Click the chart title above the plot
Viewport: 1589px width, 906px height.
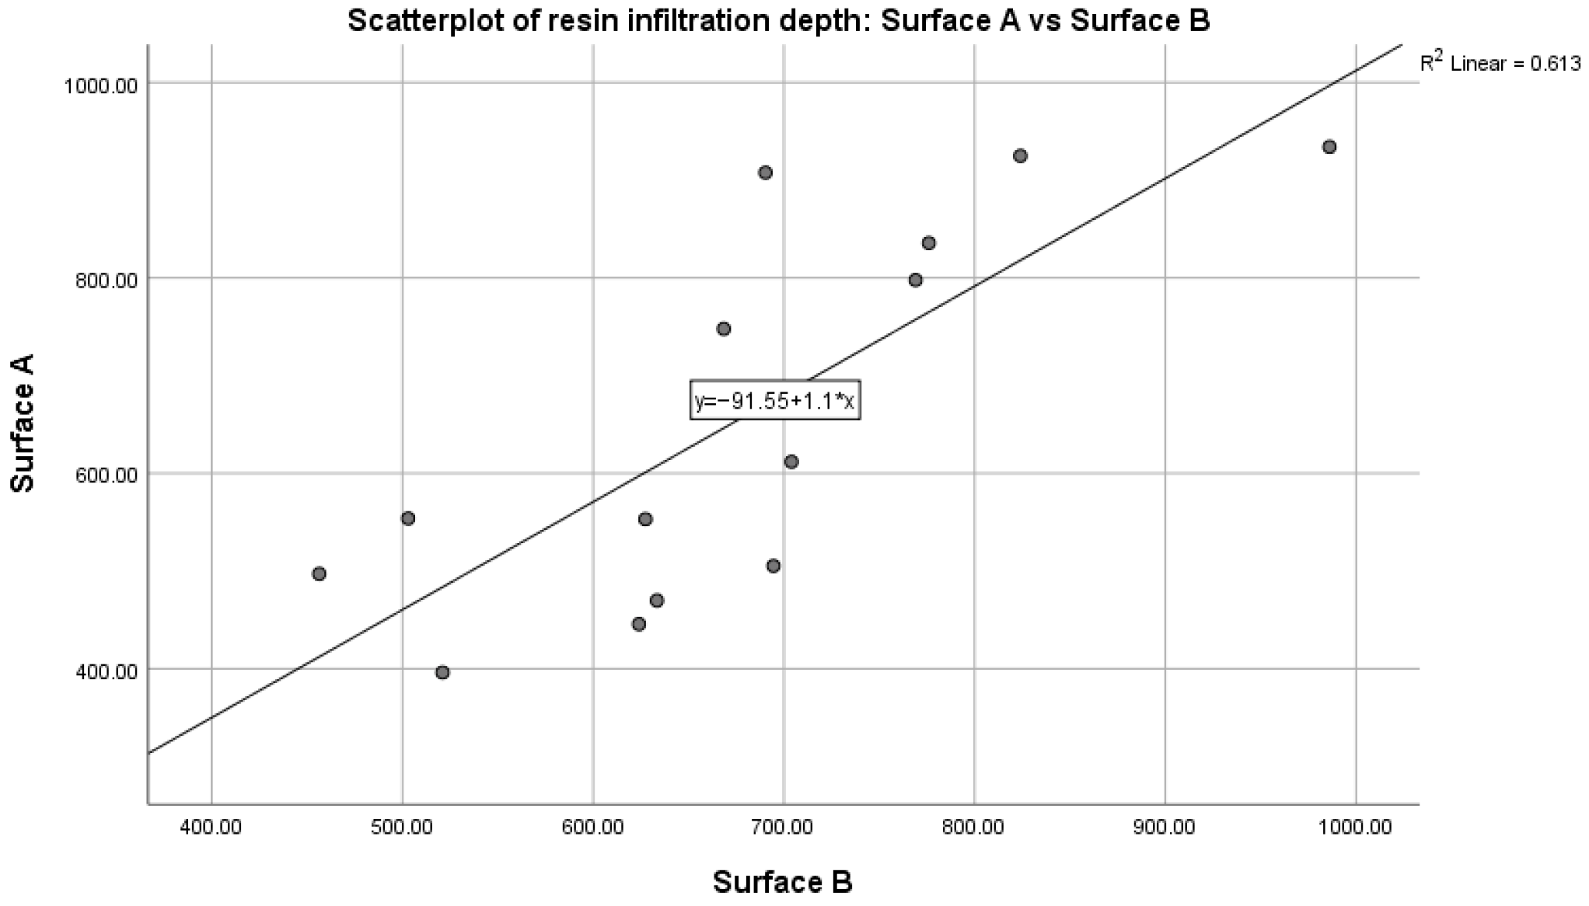pyautogui.click(x=778, y=20)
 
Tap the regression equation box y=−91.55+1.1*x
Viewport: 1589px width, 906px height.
pyautogui.click(x=775, y=401)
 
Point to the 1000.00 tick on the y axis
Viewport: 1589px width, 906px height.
pyautogui.click(x=100, y=85)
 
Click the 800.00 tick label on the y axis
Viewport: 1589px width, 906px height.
pyautogui.click(x=105, y=279)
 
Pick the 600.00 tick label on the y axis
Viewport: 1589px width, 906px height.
pyautogui.click(x=105, y=475)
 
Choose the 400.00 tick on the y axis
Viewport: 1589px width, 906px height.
pyautogui.click(x=105, y=671)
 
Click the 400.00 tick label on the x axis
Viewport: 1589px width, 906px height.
pyautogui.click(x=211, y=827)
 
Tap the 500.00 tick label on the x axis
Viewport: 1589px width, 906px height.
pyautogui.click(x=402, y=827)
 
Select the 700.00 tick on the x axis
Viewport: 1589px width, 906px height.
pyautogui.click(x=784, y=827)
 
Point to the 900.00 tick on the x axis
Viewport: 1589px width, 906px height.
pyautogui.click(x=1165, y=827)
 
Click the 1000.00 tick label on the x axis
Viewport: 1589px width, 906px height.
pyautogui.click(x=1355, y=827)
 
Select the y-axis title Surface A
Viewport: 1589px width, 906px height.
pyautogui.click(x=23, y=423)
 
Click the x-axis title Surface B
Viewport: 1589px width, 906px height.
pyautogui.click(x=783, y=882)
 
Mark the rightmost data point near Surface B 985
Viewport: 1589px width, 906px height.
pyautogui.click(x=1329, y=147)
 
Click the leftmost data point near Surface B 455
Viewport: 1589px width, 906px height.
pyautogui.click(x=319, y=573)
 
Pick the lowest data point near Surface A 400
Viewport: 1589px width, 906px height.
pyautogui.click(x=442, y=672)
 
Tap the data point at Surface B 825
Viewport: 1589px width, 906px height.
pyautogui.click(x=1020, y=156)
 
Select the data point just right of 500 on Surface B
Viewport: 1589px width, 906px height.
pyautogui.click(x=408, y=518)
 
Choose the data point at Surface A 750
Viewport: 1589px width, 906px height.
pyautogui.click(x=723, y=329)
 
